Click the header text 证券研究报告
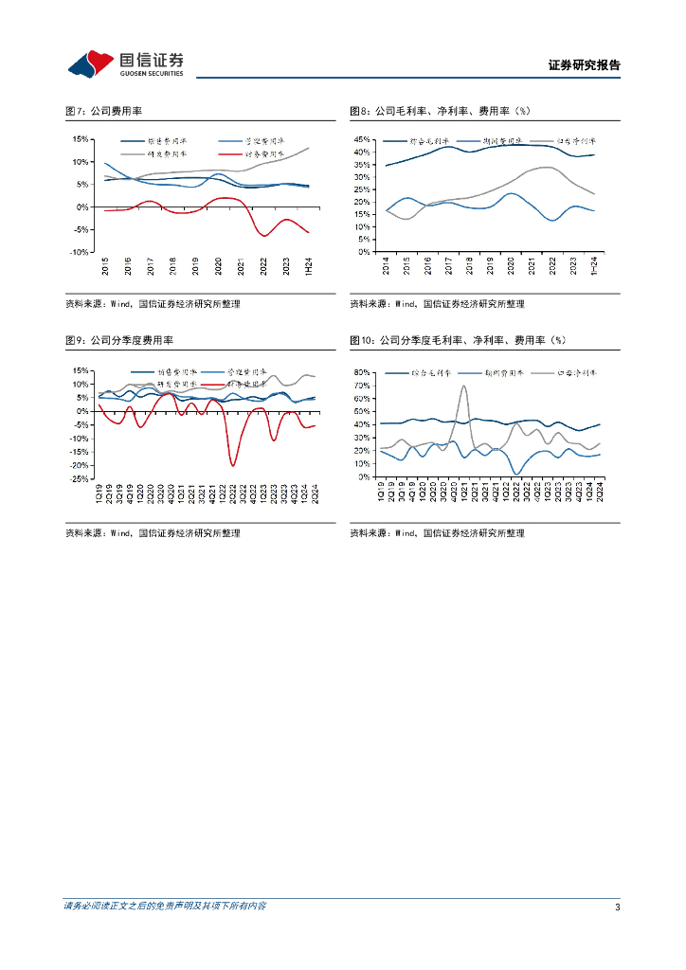584,66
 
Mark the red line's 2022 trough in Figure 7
264,235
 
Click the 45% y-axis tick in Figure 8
362,139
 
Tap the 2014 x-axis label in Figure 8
387,266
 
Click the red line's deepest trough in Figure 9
233,465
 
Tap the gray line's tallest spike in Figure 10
463,386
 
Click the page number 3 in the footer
617,907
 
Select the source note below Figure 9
153,534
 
